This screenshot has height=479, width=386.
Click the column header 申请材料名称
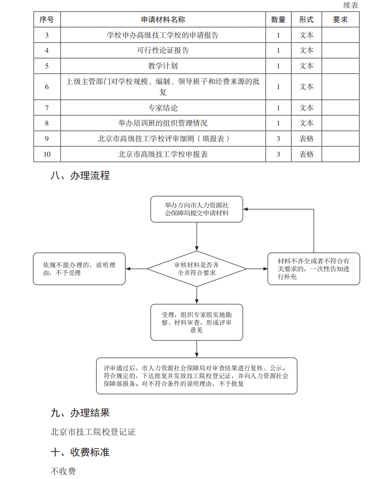pyautogui.click(x=163, y=19)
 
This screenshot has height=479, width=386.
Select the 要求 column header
pyautogui.click(x=340, y=19)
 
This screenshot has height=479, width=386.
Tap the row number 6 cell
pyautogui.click(x=47, y=87)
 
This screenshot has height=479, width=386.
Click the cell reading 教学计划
pyautogui.click(x=163, y=66)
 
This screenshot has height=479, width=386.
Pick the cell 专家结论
pyautogui.click(x=163, y=108)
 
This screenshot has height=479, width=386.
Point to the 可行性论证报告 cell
pyautogui.click(x=163, y=50)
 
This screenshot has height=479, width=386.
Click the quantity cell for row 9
pyautogui.click(x=278, y=139)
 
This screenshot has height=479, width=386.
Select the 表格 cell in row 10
pyautogui.click(x=306, y=154)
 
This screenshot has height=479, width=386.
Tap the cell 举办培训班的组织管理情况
pyautogui.click(x=163, y=123)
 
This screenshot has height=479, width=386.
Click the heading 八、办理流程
pyautogui.click(x=80, y=176)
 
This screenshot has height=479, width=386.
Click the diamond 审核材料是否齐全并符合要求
pyautogui.click(x=197, y=269)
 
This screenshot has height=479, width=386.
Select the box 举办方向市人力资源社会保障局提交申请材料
pyautogui.click(x=197, y=209)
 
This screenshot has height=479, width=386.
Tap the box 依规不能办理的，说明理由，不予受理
pyautogui.click(x=79, y=269)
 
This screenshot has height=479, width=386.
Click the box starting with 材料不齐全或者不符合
pyautogui.click(x=314, y=269)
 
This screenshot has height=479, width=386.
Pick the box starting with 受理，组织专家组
pyautogui.click(x=197, y=322)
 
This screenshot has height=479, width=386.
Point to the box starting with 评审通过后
pyautogui.click(x=197, y=376)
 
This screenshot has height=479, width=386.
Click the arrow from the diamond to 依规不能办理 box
pyautogui.click(x=136, y=269)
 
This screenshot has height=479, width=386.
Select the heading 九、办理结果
pyautogui.click(x=80, y=413)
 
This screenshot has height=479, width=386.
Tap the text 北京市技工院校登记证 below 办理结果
pyautogui.click(x=93, y=432)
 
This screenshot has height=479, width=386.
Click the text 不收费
pyautogui.click(x=63, y=471)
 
